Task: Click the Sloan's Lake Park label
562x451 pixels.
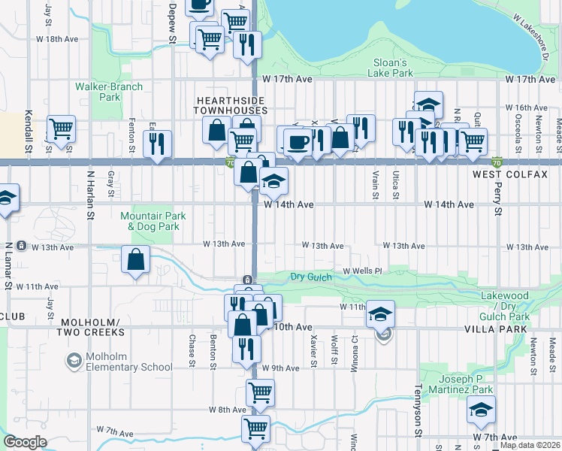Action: [x=391, y=68]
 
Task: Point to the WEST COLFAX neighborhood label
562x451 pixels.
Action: [x=503, y=174]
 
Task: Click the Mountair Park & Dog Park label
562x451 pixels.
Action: [x=150, y=221]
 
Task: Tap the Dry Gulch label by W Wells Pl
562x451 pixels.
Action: [x=311, y=277]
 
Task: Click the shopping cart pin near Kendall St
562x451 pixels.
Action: [x=61, y=128]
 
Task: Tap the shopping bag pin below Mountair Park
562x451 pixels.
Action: [x=135, y=260]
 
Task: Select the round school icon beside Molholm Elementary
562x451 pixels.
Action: [x=74, y=362]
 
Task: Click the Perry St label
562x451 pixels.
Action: [x=497, y=195]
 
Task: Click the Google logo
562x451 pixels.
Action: [x=25, y=442]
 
